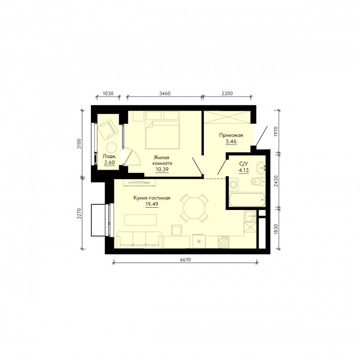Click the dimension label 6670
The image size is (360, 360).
tap(185, 260)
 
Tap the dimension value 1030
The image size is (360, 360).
tap(108, 93)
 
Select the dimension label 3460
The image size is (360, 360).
tap(165, 93)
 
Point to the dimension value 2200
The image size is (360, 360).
tap(227, 93)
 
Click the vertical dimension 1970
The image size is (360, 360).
tap(276, 132)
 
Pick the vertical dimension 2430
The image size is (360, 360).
tap(276, 181)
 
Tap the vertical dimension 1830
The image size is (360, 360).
tap(276, 229)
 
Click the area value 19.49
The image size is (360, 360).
tap(152, 204)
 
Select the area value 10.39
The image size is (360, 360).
tap(162, 169)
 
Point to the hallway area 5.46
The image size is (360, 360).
tap(231, 142)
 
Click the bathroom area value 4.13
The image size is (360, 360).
tap(244, 170)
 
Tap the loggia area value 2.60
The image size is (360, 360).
tap(110, 163)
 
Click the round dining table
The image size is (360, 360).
tap(194, 208)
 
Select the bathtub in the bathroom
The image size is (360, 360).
tap(247, 200)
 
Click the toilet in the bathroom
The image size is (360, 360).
tap(258, 182)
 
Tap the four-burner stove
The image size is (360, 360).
tap(224, 242)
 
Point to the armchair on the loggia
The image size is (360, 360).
tap(107, 129)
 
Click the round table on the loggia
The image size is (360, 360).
tap(112, 148)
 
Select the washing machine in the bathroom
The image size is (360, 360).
tap(233, 184)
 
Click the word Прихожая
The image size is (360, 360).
tap(231, 135)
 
